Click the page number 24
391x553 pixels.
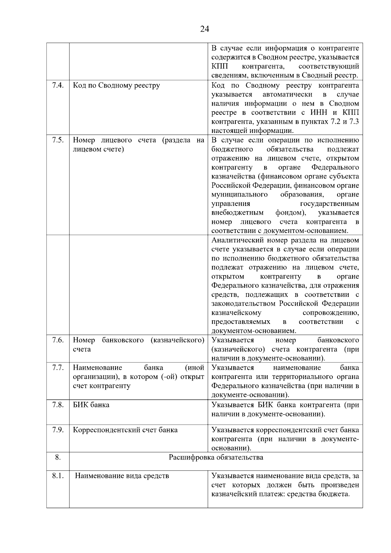[x=204, y=29]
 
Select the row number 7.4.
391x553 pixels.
[x=58, y=85]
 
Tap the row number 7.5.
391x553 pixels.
[x=58, y=140]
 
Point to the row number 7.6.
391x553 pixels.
[x=58, y=340]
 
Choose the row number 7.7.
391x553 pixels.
[x=58, y=368]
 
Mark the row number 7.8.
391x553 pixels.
[x=58, y=405]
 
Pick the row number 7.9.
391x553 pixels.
[x=58, y=429]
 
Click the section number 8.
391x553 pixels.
[x=58, y=457]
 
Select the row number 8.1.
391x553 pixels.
[x=58, y=476]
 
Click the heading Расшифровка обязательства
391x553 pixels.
[x=216, y=457]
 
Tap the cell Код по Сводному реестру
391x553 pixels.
[x=116, y=85]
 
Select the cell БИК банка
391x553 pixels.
[x=91, y=405]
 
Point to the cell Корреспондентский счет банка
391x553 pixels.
[x=125, y=430]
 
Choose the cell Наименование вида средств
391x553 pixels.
[x=122, y=476]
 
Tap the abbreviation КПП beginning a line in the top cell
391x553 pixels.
[x=220, y=66]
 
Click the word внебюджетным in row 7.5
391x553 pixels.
[x=238, y=213]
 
